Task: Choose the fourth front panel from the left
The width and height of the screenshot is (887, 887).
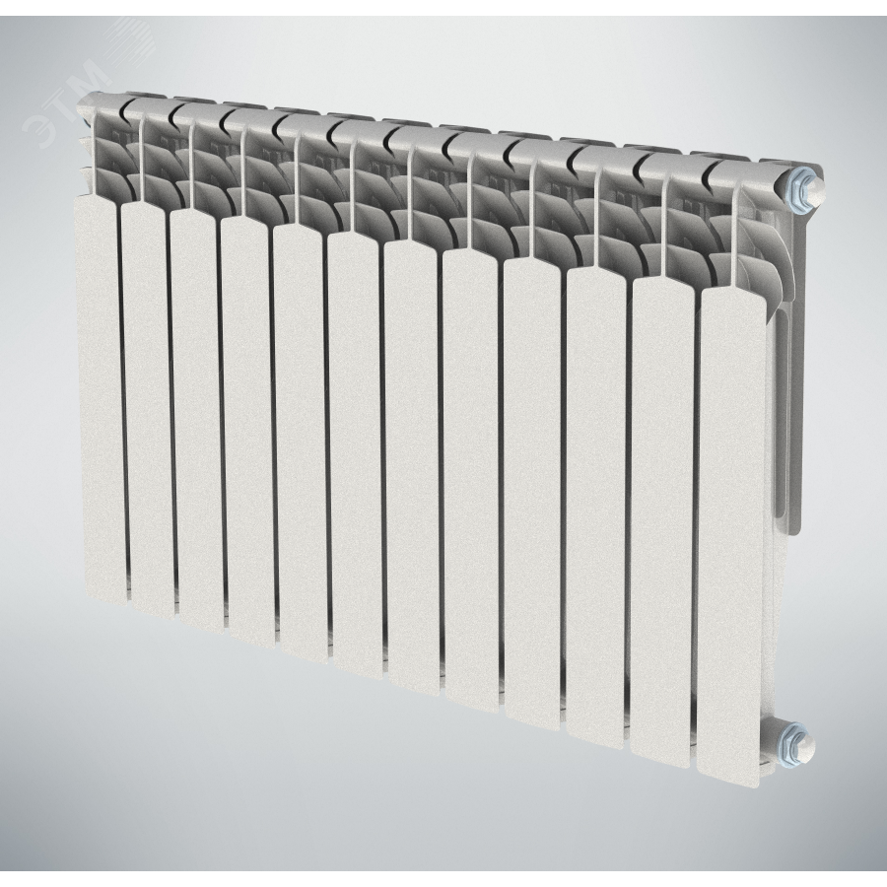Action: point(249,431)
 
